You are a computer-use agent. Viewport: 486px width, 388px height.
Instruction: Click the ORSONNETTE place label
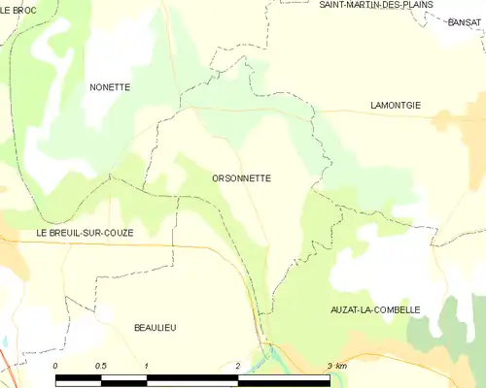click(x=241, y=178)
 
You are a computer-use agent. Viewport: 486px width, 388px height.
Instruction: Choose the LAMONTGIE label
click(x=396, y=105)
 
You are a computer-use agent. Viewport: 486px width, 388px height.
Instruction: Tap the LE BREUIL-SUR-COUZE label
click(x=85, y=234)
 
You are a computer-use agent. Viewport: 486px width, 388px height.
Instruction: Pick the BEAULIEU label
click(x=155, y=329)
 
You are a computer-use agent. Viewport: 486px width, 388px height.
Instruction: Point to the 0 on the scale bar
click(x=55, y=366)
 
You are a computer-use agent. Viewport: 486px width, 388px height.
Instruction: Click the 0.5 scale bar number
click(x=100, y=366)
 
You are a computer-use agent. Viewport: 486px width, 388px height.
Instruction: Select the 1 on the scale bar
click(x=146, y=366)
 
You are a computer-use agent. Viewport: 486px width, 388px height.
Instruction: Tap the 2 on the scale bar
click(x=237, y=366)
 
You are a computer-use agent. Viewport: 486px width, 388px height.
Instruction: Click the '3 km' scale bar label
click(x=336, y=366)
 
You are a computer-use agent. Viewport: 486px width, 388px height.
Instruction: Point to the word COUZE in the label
click(x=118, y=234)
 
